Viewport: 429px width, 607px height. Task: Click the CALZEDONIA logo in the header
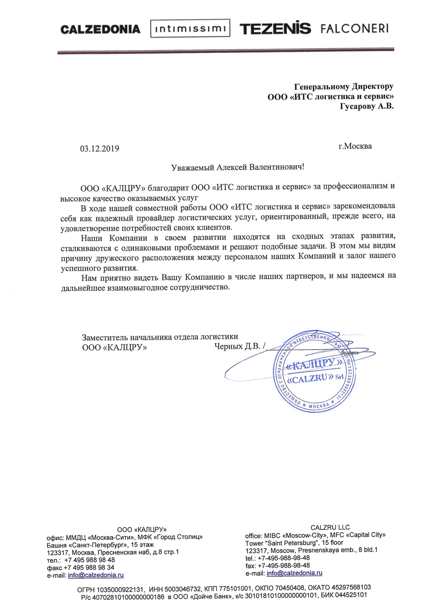(x=100, y=29)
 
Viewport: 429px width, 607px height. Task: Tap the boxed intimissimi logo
(x=190, y=29)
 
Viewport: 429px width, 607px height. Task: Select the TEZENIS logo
(x=275, y=28)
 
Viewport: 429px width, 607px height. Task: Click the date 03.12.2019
(x=100, y=149)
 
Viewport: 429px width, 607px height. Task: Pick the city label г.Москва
(x=355, y=146)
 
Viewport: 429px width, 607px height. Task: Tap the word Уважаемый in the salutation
(x=193, y=168)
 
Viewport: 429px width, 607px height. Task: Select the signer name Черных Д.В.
(x=237, y=346)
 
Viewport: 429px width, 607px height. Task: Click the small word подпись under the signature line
(x=350, y=353)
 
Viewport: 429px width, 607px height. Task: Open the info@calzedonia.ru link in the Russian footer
(x=96, y=575)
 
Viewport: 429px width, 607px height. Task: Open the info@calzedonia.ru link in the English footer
(x=294, y=573)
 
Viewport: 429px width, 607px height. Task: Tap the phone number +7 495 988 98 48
(x=90, y=560)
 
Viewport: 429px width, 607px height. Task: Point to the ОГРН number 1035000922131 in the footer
(x=120, y=588)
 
